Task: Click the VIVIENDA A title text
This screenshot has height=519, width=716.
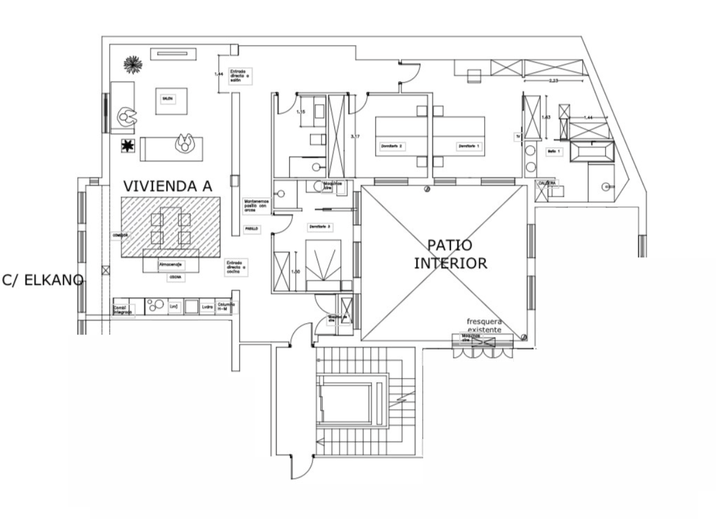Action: pyautogui.click(x=167, y=186)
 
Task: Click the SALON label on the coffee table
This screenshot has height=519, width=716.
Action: pyautogui.click(x=167, y=99)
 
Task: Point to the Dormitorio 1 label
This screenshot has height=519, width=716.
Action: pyautogui.click(x=468, y=146)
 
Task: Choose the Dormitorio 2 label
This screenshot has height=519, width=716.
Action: pyautogui.click(x=391, y=146)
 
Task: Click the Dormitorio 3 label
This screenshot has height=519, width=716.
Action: pyautogui.click(x=319, y=226)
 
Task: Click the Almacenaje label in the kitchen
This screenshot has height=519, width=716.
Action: pyautogui.click(x=171, y=264)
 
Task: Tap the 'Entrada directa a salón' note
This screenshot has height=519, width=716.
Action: pyautogui.click(x=238, y=76)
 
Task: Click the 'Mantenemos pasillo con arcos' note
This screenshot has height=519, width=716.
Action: pyautogui.click(x=256, y=205)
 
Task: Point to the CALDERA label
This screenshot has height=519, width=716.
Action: pyautogui.click(x=547, y=183)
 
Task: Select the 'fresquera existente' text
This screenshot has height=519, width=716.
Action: pyautogui.click(x=485, y=325)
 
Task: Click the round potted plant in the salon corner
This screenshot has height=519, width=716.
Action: pyautogui.click(x=133, y=64)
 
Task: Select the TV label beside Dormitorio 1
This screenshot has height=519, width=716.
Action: pyautogui.click(x=518, y=136)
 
